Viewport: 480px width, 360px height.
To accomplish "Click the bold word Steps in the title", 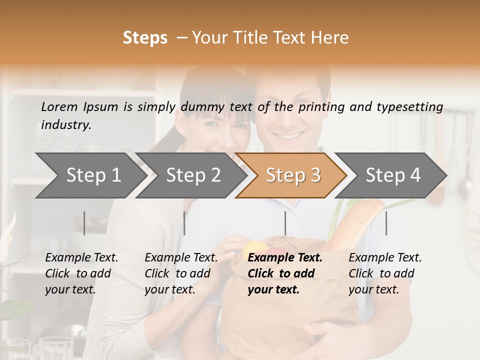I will pyautogui.click(x=145, y=38).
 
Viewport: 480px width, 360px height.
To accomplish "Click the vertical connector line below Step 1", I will pyautogui.click(x=84, y=223).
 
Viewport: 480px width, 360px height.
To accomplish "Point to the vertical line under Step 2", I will pyautogui.click(x=184, y=223).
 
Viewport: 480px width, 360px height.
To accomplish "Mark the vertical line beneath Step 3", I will pyautogui.click(x=285, y=223).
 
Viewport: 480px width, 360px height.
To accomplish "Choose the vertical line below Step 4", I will pyautogui.click(x=386, y=223).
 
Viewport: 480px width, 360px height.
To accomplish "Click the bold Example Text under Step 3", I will pyautogui.click(x=285, y=258).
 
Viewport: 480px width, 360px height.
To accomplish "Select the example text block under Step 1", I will pyautogui.click(x=81, y=273).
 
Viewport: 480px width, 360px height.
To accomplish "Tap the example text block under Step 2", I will pyautogui.click(x=181, y=273).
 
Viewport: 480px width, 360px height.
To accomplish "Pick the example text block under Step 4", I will pyautogui.click(x=385, y=273).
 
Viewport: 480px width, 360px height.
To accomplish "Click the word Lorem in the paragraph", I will pyautogui.click(x=59, y=106).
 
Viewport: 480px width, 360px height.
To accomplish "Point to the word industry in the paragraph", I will pyautogui.click(x=66, y=125).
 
